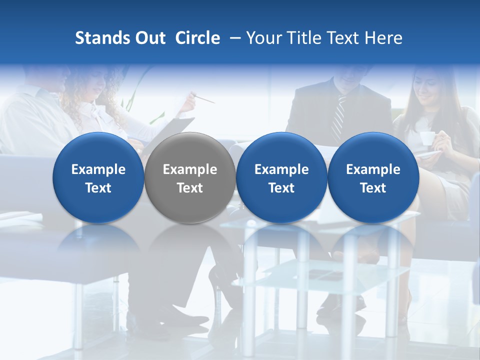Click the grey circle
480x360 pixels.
(x=190, y=177)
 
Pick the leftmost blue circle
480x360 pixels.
(x=98, y=177)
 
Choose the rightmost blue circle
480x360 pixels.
(x=373, y=177)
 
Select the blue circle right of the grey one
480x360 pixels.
(x=281, y=177)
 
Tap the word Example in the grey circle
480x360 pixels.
(x=190, y=169)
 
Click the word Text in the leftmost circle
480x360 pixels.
(x=98, y=188)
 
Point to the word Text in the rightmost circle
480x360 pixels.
(x=373, y=188)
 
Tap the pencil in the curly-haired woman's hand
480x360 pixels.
(x=204, y=98)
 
